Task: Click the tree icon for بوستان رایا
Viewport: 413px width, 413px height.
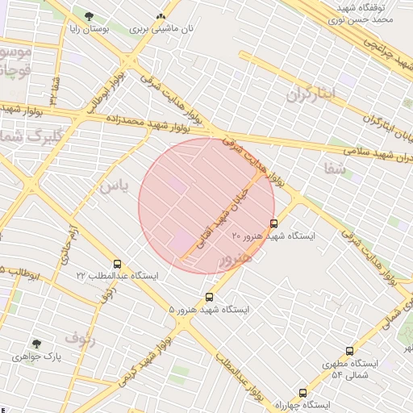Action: pos(89,16)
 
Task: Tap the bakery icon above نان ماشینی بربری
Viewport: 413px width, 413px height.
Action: pos(161,16)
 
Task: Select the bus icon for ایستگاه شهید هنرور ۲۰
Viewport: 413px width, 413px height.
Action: pos(273,223)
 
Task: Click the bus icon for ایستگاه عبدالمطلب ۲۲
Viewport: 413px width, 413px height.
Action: pos(118,263)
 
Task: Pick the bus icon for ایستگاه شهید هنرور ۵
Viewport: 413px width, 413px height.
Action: pos(210,297)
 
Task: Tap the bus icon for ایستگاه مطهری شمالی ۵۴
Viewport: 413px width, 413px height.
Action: pos(349,351)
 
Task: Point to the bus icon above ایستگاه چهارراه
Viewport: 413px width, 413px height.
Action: pos(302,392)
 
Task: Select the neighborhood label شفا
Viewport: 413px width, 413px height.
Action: pos(333,168)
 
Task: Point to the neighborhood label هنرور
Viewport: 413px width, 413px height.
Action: pos(235,257)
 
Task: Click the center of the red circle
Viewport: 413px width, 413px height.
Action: pos(207,206)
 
